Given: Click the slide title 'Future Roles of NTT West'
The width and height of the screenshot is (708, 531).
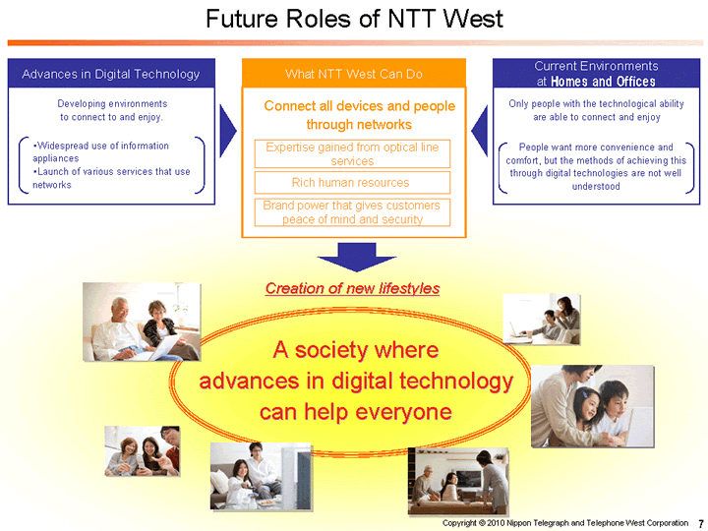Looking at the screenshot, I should coord(354,19).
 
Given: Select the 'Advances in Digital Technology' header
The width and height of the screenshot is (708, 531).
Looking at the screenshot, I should coord(110,74).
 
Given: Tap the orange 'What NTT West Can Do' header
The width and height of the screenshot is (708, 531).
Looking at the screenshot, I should coord(353,74).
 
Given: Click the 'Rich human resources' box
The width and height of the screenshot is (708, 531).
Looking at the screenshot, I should coord(351,182).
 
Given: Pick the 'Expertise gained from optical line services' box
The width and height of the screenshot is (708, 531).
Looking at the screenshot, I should coord(352,153).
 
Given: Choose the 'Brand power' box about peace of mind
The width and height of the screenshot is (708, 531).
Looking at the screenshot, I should coord(352,212).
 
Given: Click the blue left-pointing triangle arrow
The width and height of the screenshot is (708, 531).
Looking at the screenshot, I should coord(480,127).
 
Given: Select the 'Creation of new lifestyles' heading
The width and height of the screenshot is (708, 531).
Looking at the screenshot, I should coord(352,288).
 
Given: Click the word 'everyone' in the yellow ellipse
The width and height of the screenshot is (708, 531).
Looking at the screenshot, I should coord(404,411).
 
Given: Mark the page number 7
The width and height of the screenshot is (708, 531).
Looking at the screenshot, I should coord(699,522).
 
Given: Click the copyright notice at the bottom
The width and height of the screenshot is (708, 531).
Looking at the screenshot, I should coord(564,522).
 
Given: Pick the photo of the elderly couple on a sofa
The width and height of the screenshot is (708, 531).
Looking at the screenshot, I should coord(142,322).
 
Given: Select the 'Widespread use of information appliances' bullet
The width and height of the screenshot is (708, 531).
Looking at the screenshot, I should coord(100,151).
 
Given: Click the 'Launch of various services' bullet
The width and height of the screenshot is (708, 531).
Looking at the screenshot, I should coord(111,178).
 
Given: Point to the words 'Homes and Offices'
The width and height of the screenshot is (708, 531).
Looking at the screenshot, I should coord(603,82).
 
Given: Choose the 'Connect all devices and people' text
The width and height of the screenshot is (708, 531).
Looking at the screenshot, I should coord(359,105).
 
